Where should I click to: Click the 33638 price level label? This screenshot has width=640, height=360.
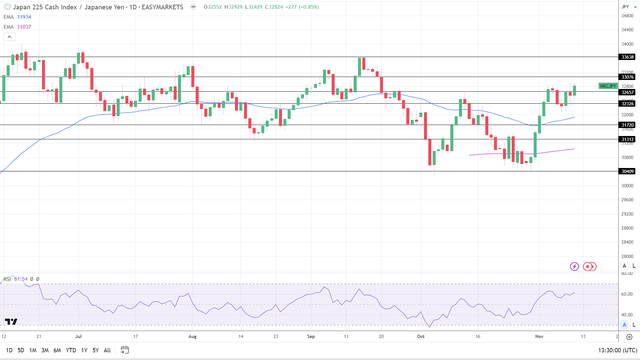tap(627, 57)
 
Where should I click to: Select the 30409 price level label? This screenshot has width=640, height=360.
tap(627, 171)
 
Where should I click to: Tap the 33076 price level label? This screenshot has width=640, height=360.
tap(627, 77)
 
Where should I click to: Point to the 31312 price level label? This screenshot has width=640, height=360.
tap(627, 139)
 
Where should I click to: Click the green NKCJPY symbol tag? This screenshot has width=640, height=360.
tap(608, 86)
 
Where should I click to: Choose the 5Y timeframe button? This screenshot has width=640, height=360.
tap(96, 350)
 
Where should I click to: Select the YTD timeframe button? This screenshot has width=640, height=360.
tap(71, 350)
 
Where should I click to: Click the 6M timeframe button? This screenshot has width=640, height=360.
tap(57, 350)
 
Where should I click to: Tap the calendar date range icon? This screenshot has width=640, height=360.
tap(125, 350)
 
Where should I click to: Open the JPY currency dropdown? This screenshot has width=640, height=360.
tap(629, 7)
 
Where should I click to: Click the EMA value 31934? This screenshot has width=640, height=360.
tap(24, 17)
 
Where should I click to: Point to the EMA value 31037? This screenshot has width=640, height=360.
tap(24, 27)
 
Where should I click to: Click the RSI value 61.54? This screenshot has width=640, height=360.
tap(21, 279)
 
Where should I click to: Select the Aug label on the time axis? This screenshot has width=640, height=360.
tap(192, 336)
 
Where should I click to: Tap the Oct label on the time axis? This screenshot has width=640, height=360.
tap(421, 336)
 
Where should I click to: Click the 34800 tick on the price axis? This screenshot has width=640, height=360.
tap(627, 16)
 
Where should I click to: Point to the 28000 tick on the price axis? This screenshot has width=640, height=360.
tap(627, 256)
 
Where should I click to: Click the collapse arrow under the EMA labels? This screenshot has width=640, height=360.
tap(9, 37)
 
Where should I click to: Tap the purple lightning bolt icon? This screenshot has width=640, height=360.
tap(574, 266)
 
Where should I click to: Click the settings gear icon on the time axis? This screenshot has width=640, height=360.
tap(629, 337)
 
